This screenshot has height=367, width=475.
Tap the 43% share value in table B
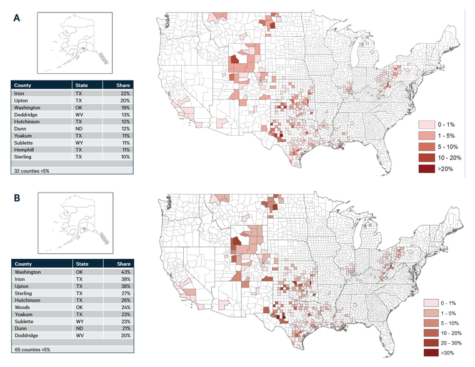click(x=125, y=273)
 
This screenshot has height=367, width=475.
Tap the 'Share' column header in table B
click(x=123, y=264)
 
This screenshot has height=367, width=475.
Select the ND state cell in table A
click(x=79, y=128)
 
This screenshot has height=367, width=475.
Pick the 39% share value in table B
click(x=125, y=279)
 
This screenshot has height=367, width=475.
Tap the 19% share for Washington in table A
click(x=125, y=107)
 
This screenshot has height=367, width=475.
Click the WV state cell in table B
click(x=79, y=336)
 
